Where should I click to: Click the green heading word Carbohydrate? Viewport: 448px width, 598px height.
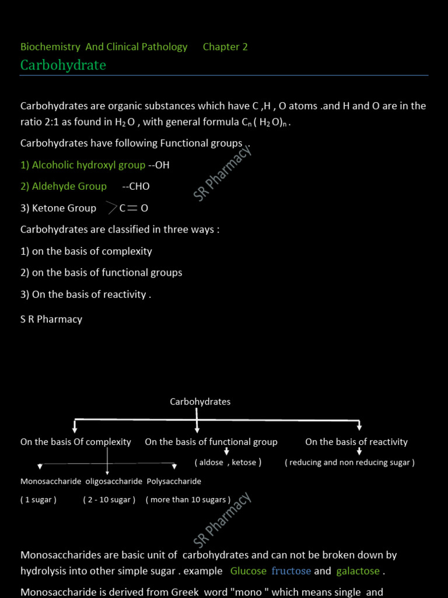point(63,65)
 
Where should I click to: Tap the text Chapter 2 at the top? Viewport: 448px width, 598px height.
point(225,47)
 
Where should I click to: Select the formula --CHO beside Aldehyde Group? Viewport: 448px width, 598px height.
point(136,186)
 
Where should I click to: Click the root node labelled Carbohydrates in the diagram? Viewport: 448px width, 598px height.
point(200,402)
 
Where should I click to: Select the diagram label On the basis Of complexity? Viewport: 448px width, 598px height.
point(76,442)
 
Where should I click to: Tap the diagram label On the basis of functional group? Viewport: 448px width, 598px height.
point(211,442)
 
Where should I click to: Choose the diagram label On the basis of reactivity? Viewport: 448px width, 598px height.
point(356,442)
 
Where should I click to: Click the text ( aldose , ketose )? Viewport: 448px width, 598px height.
point(228,463)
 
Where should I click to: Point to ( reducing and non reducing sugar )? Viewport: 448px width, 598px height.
point(350,463)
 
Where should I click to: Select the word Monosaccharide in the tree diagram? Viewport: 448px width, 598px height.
point(51,482)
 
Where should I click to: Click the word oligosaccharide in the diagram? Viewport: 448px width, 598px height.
point(114,482)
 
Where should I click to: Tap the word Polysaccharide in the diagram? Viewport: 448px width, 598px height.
point(174,482)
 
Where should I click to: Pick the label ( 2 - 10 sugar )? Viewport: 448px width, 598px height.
point(109,500)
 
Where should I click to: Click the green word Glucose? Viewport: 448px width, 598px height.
point(249,571)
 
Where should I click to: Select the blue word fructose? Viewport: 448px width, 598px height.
point(291,571)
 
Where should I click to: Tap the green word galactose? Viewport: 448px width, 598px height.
point(358,571)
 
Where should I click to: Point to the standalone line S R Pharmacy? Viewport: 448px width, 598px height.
point(51,319)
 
